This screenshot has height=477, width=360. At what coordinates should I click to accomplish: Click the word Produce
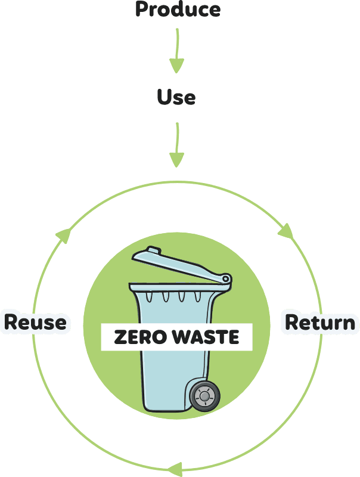click(x=177, y=9)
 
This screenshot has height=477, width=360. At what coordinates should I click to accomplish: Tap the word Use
click(x=176, y=97)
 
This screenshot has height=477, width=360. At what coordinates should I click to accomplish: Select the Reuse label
click(x=35, y=323)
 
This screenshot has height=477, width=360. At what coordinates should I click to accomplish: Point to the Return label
click(x=320, y=323)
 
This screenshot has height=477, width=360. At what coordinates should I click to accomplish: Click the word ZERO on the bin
click(x=134, y=337)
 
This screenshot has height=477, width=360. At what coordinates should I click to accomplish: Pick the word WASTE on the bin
click(x=205, y=337)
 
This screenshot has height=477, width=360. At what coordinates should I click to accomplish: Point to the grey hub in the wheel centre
click(x=204, y=395)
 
